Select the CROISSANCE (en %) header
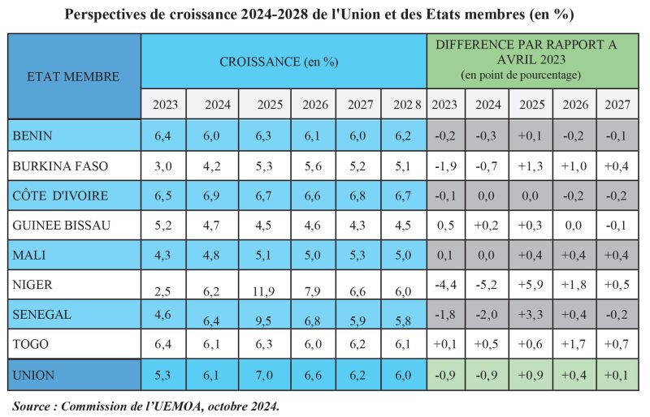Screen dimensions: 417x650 point(279,61)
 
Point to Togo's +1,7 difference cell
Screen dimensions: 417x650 point(573,345)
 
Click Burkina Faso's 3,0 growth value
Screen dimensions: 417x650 point(163,166)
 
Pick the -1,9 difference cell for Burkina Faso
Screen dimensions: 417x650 point(444,166)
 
